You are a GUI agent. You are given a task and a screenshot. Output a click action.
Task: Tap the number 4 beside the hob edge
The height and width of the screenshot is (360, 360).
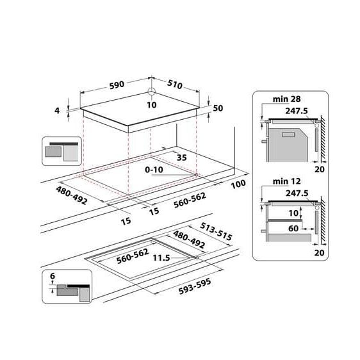click(58, 110)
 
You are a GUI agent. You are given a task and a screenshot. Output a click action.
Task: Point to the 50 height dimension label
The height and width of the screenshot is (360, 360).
click(218, 108)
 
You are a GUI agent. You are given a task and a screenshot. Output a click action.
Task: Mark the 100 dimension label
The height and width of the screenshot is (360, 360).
click(238, 184)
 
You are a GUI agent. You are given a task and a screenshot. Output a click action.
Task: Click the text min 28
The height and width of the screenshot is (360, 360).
click(286, 100)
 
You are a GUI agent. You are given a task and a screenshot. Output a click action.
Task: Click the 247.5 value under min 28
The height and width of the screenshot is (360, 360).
click(297, 110)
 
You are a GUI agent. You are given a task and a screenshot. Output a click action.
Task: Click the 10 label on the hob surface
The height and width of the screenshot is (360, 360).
click(151, 104)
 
